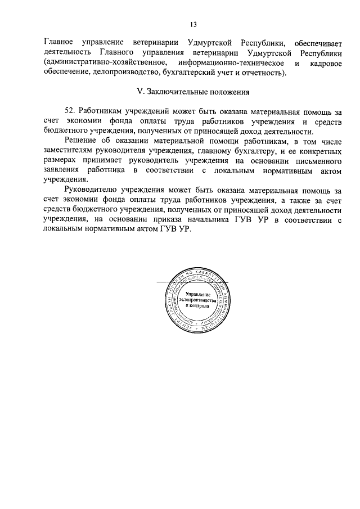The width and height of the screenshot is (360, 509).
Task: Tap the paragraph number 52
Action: click(x=71, y=111)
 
